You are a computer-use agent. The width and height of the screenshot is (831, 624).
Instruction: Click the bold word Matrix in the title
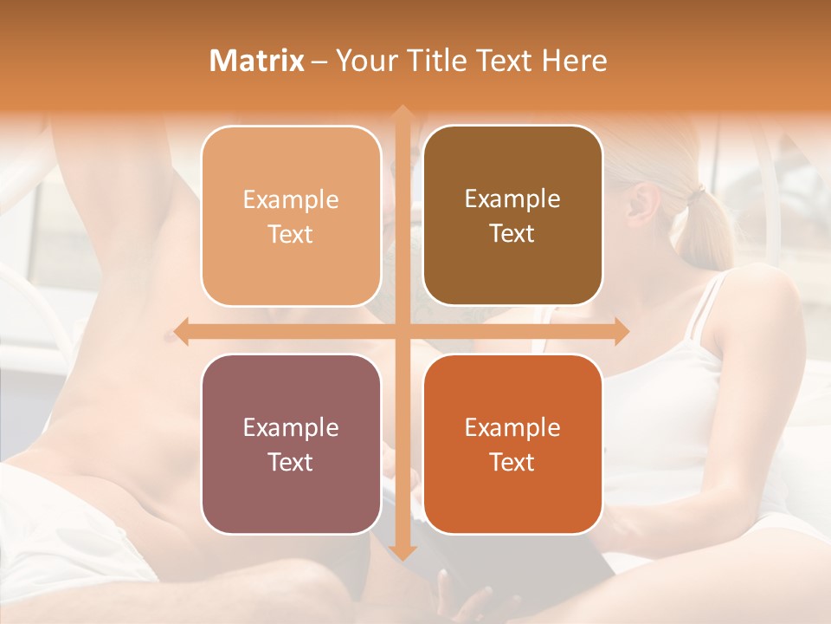point(257,61)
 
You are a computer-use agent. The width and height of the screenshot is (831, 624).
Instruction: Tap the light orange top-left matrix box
point(291,216)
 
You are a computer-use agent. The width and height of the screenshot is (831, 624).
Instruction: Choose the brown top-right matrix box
point(512,216)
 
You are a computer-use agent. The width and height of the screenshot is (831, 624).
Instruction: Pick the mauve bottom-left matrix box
point(291,444)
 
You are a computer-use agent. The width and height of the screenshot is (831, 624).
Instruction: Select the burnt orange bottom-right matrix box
point(512,444)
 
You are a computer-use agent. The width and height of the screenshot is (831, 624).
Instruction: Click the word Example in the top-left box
point(291,200)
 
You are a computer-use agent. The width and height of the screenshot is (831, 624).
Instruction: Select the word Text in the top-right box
point(512,234)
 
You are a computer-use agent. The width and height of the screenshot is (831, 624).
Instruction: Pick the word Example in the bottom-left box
point(291,428)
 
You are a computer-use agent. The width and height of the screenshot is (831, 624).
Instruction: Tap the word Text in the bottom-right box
point(512,462)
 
